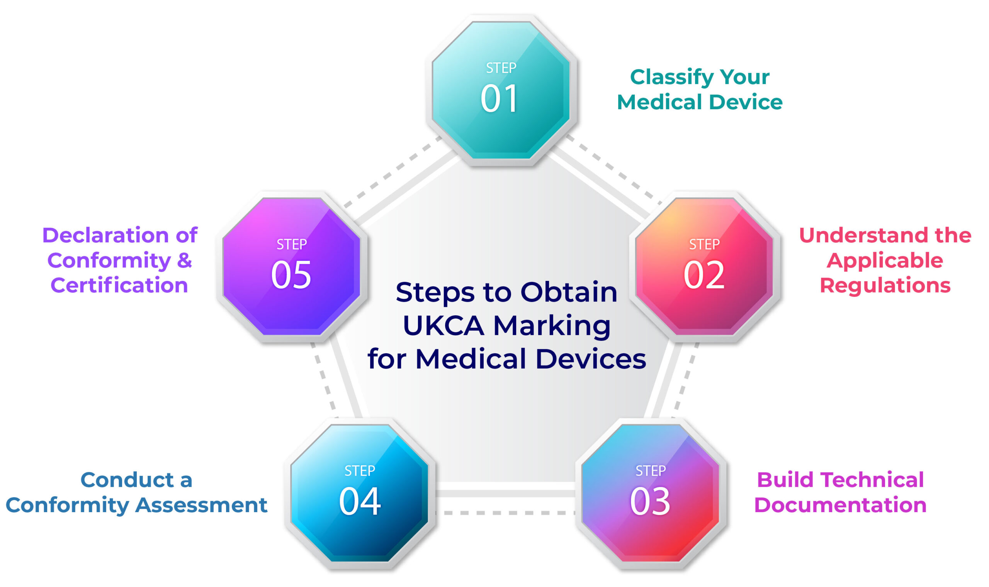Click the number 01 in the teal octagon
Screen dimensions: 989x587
click(499, 98)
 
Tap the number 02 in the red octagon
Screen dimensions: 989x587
click(704, 274)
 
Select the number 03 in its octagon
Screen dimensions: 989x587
click(650, 501)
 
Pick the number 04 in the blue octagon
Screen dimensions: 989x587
click(360, 501)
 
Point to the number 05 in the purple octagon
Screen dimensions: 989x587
click(291, 274)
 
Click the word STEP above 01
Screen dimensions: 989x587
click(501, 68)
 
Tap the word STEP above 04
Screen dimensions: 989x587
click(360, 471)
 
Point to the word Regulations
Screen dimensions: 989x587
click(885, 285)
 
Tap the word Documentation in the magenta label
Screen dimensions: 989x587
click(840, 505)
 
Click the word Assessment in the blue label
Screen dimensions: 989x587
click(201, 505)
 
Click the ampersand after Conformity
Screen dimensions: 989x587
click(184, 260)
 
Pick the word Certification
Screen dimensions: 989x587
click(119, 285)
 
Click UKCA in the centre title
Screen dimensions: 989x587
click(443, 326)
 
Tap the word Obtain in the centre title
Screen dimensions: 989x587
click(569, 292)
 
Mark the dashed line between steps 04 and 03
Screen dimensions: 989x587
click(505, 513)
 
